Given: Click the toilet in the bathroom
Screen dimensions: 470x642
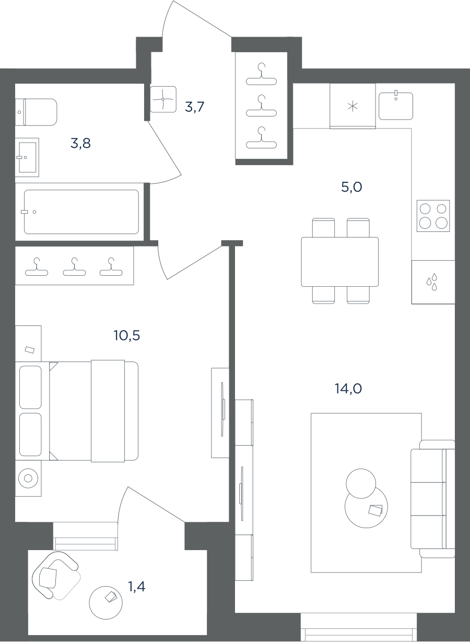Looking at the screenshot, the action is coord(36,112).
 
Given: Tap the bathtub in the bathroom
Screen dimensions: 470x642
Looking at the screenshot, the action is coord(81,212).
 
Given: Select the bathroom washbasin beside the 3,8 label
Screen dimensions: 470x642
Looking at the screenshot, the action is coord(27,157).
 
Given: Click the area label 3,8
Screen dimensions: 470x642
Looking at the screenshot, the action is coord(80,143).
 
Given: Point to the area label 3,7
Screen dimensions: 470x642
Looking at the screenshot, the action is coord(194,107).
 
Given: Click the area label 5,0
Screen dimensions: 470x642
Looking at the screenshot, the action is coord(351,187).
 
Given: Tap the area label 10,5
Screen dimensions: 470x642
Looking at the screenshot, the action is coord(127,335).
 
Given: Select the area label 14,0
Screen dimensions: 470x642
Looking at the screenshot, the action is coord(348,389).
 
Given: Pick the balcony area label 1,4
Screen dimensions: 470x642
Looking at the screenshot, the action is coord(137,587).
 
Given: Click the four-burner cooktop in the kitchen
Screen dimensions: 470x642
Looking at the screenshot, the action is coord(433,216).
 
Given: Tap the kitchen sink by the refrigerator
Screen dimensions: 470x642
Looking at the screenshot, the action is coord(396,106).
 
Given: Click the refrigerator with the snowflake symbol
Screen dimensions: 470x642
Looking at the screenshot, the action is coord(352,106).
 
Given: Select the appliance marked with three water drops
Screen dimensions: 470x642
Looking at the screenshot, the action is coord(433,282).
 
